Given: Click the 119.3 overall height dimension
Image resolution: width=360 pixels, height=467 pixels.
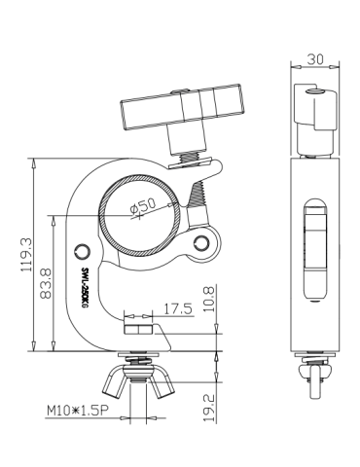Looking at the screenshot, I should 26,254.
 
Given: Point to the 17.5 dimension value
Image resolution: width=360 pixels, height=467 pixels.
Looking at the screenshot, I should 177,309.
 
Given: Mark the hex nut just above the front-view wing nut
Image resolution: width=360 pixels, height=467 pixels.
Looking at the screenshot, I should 139,336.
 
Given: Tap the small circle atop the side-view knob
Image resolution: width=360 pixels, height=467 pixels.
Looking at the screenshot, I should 311,91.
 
